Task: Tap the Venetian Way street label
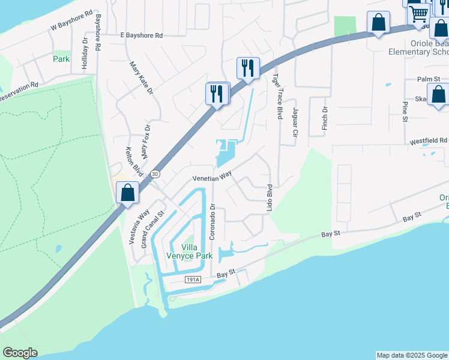[212, 178]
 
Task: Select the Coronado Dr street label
[212, 222]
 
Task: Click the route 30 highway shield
[155, 174]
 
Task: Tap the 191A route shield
[193, 280]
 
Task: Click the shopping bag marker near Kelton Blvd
[127, 193]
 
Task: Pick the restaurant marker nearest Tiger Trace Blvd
[248, 68]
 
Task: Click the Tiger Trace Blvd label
[278, 96]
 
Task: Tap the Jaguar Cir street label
[295, 122]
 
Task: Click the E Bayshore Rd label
[142, 36]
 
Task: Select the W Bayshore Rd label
[72, 20]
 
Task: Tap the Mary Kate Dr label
[141, 77]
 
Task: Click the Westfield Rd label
[429, 142]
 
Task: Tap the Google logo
[20, 353]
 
